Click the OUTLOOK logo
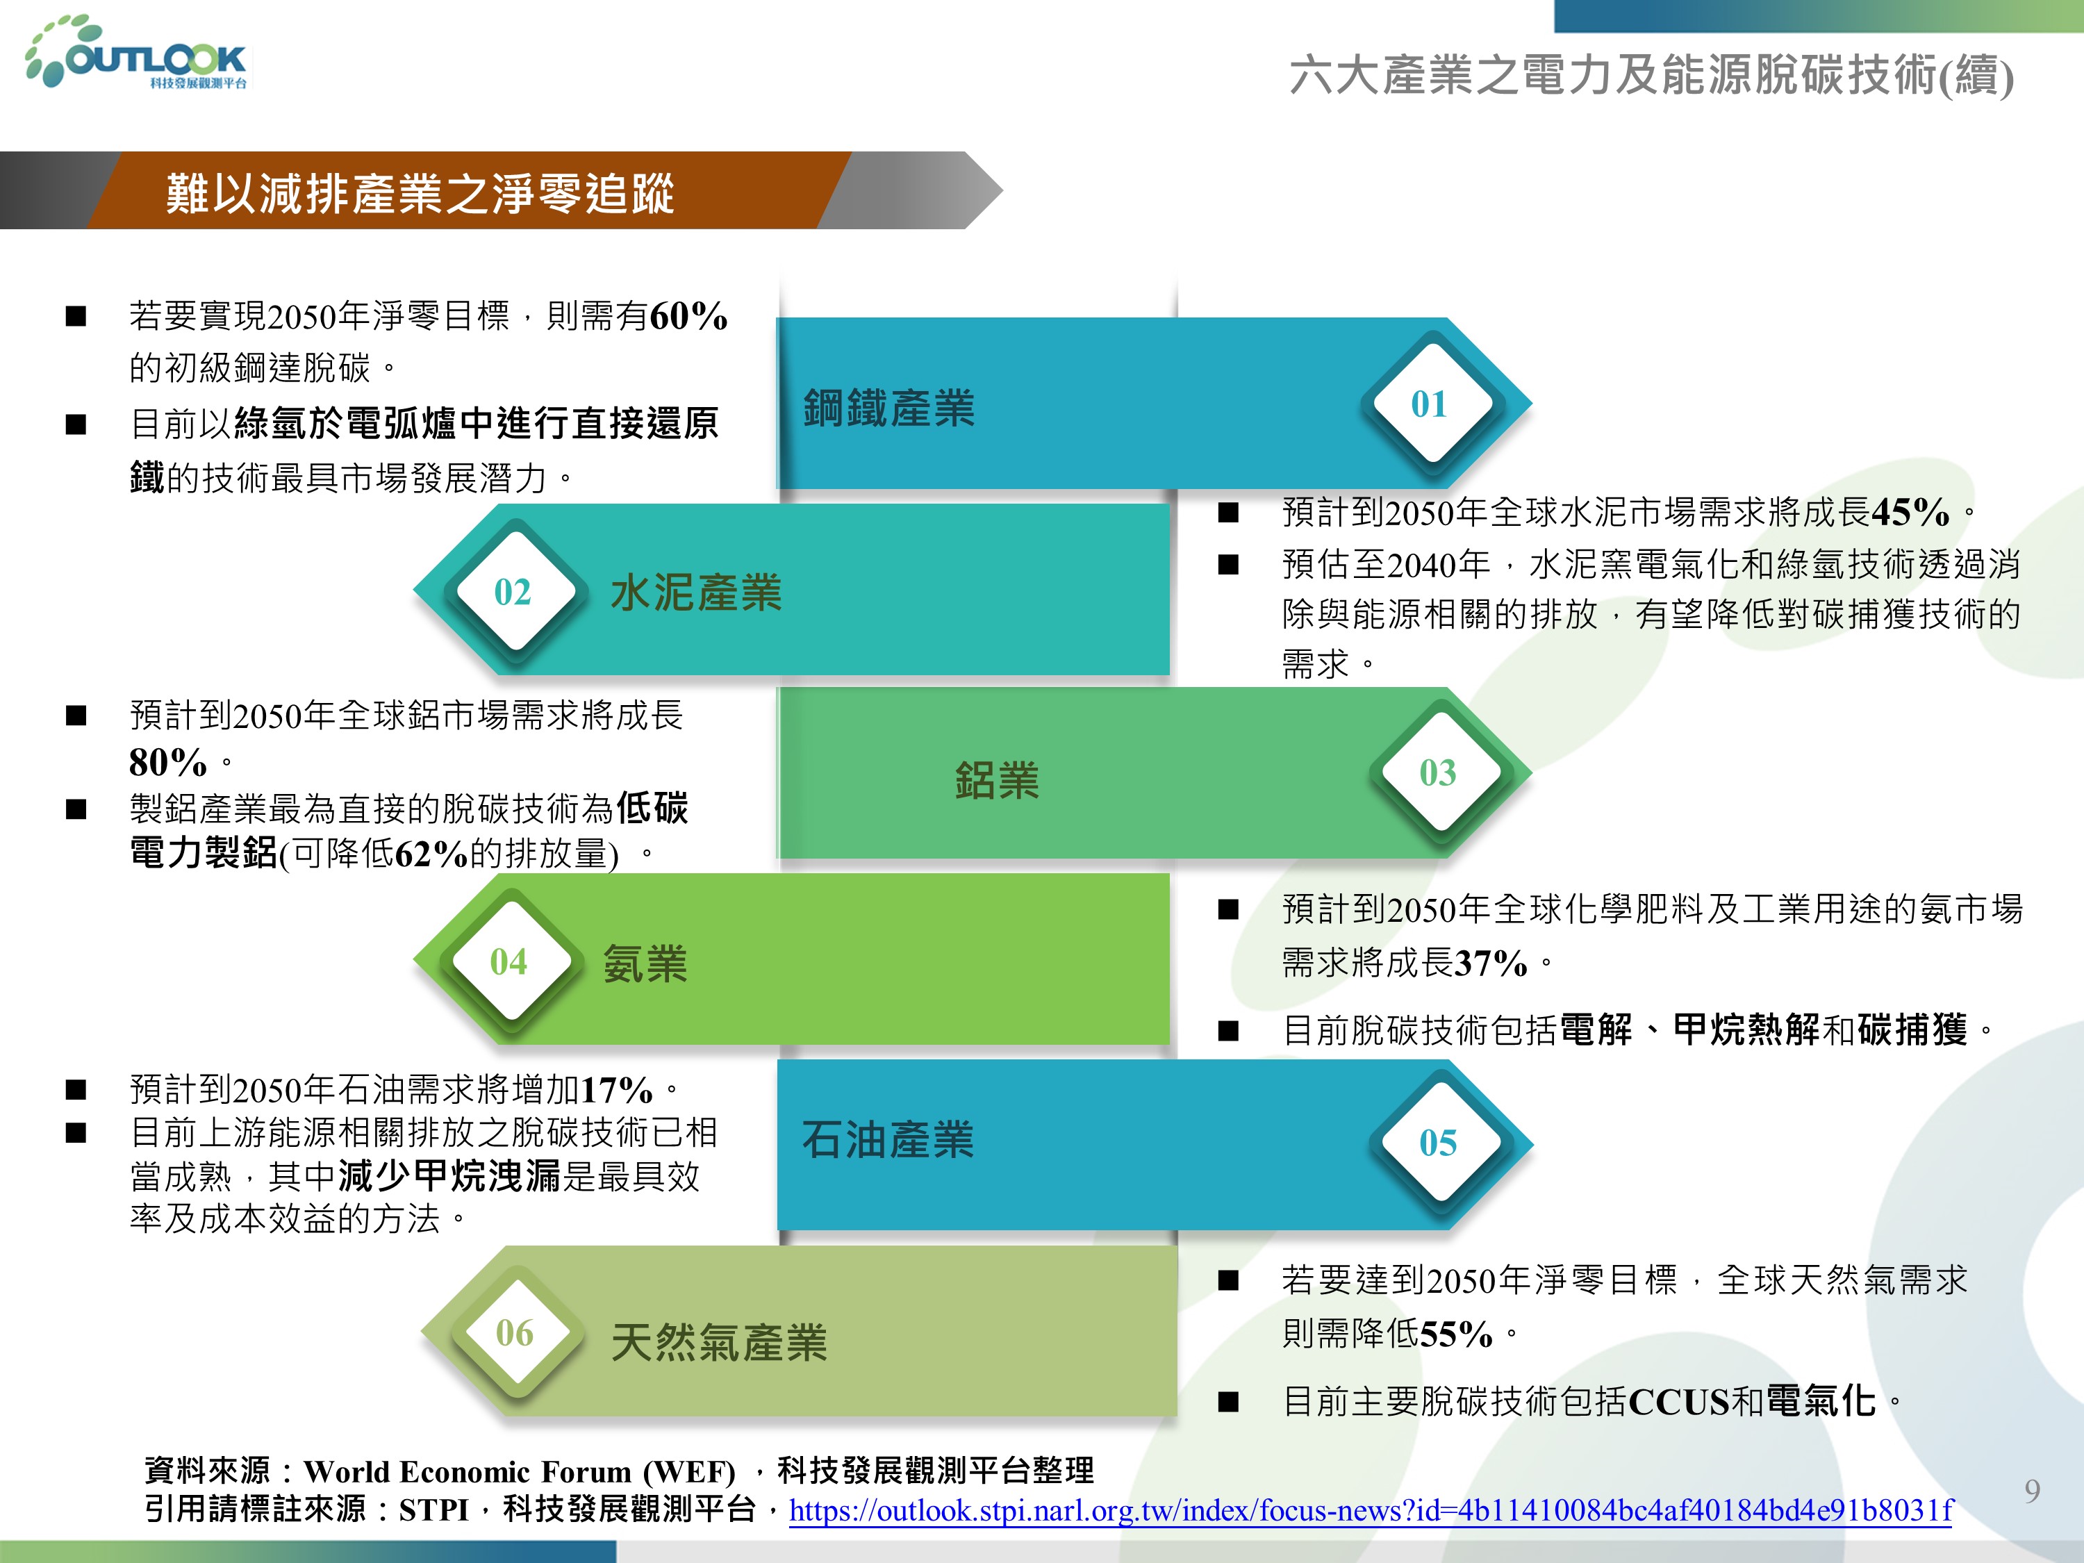click(x=138, y=53)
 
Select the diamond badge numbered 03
click(x=1439, y=772)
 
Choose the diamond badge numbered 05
click(x=1439, y=1142)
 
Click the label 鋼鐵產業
click(x=888, y=408)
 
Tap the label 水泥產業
click(x=696, y=593)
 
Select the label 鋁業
click(x=997, y=780)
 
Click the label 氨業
click(x=645, y=964)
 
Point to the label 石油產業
click(x=888, y=1139)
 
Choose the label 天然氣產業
click(x=719, y=1341)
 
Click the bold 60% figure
click(x=688, y=315)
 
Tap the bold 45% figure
click(x=1910, y=511)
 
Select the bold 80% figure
click(x=167, y=761)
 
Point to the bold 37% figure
click(x=1491, y=963)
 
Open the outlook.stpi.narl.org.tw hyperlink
click(x=1371, y=1510)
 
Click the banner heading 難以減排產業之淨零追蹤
click(x=420, y=193)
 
